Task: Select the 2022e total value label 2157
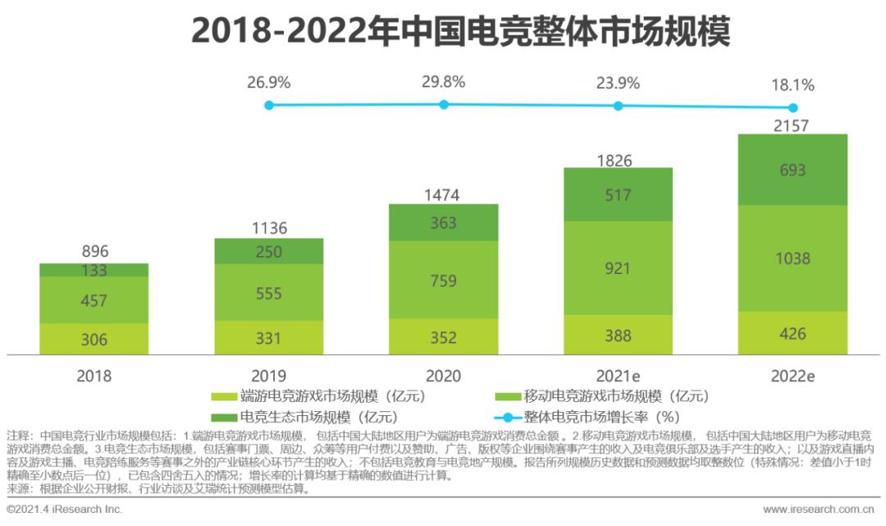coord(792,126)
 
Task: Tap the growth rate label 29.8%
coord(443,82)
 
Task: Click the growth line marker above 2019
coord(268,104)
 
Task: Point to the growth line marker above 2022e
coord(792,107)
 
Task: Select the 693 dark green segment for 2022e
coord(792,170)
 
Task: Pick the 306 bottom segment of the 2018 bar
coord(94,340)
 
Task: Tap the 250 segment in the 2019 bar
coord(268,253)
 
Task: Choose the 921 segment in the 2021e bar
coord(618,268)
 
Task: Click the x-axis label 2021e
coord(618,376)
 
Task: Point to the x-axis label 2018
coord(94,376)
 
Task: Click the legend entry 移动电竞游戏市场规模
coord(604,396)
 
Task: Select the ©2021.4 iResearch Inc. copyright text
coord(65,510)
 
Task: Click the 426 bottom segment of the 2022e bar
coord(792,334)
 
